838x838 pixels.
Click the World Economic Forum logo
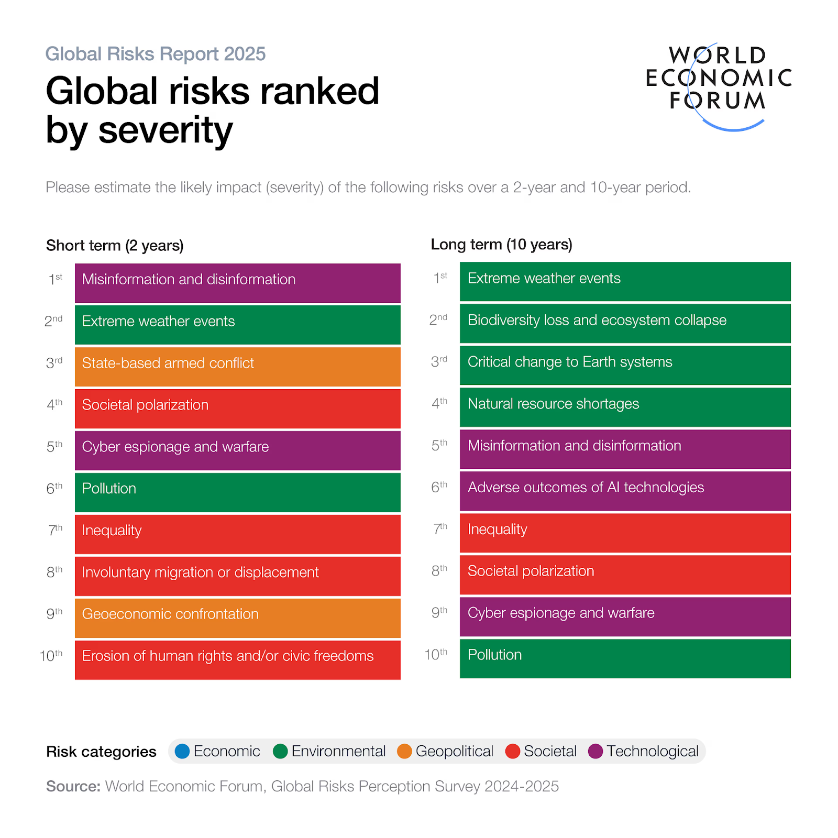point(719,84)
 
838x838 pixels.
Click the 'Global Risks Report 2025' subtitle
point(156,54)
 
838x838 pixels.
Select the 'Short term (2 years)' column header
point(115,245)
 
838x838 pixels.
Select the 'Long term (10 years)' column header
point(501,245)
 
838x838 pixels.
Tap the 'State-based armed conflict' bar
point(237,367)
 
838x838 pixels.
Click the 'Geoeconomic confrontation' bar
point(237,618)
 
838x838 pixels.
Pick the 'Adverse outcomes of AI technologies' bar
point(625,491)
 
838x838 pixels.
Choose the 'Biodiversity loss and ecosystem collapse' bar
point(625,323)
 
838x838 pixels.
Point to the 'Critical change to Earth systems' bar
point(625,365)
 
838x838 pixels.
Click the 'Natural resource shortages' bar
point(625,407)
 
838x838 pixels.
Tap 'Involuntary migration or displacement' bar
point(237,576)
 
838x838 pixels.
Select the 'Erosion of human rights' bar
point(237,660)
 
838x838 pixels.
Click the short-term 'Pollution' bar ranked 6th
point(237,492)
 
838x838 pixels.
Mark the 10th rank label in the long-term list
point(436,655)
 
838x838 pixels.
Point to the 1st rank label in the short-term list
point(55,279)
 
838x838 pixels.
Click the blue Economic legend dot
point(182,752)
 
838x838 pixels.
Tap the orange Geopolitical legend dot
point(404,752)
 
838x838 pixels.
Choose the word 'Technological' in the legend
point(652,752)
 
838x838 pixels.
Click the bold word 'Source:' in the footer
point(73,786)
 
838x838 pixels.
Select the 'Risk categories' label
point(101,752)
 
